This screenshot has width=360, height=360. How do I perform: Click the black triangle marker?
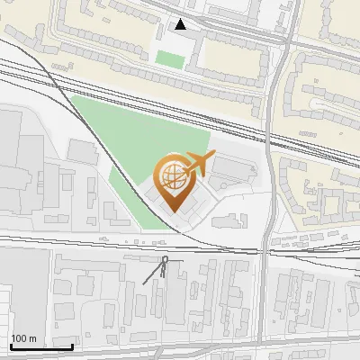[x=182, y=24]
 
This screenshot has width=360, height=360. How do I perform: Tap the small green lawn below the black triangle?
[x=168, y=58]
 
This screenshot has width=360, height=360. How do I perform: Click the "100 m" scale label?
[x=23, y=338]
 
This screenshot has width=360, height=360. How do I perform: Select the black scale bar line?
[x=41, y=346]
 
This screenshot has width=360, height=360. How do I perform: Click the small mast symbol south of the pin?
[x=165, y=262]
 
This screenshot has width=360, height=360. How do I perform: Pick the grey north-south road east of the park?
[x=267, y=180]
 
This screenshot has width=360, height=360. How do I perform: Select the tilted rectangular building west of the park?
[x=82, y=151]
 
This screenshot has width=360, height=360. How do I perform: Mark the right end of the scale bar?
[x=72, y=346]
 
